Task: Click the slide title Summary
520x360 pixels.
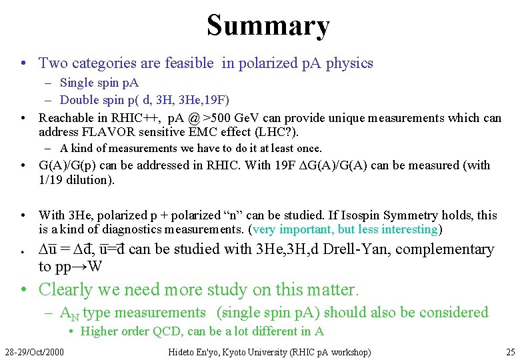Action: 268,25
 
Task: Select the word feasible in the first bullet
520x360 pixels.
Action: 188,63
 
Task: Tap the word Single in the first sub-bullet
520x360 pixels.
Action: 77,83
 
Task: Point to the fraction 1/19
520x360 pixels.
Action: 52,179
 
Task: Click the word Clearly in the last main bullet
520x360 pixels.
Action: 64,290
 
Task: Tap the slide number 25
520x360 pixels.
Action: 510,351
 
